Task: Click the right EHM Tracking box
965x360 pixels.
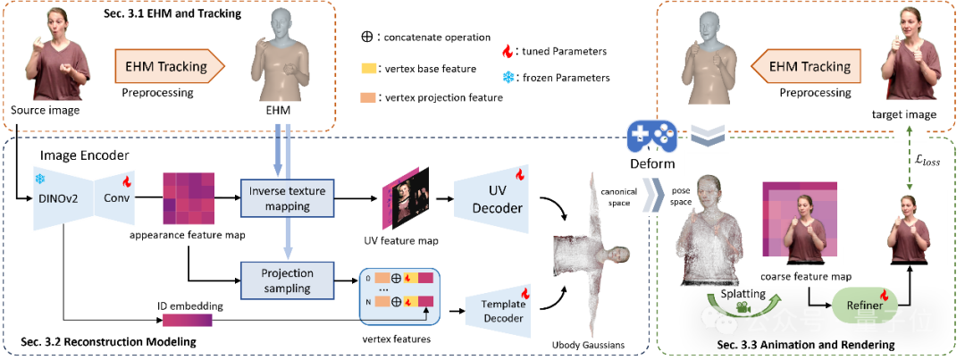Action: [810, 66]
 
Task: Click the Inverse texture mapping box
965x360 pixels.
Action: [287, 197]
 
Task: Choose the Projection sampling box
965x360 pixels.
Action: [287, 280]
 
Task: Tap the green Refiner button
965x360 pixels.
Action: [864, 305]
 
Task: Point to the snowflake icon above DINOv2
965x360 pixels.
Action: [39, 179]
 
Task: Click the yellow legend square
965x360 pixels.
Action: [368, 69]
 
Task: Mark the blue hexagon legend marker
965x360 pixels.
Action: [508, 78]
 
